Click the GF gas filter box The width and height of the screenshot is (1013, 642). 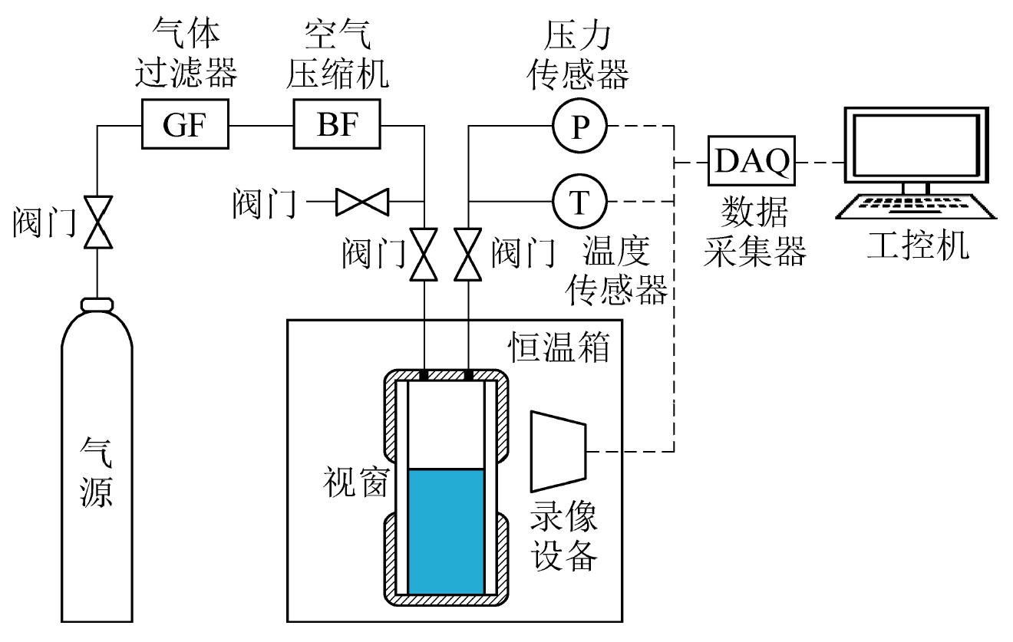186,124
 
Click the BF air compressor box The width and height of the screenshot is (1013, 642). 338,124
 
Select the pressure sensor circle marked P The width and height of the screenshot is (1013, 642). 579,125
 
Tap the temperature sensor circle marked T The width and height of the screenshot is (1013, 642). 579,202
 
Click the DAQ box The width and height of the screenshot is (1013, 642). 752,162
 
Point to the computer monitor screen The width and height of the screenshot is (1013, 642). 913,147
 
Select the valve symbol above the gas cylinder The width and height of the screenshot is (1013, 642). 97,222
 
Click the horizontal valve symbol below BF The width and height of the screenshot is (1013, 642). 362,202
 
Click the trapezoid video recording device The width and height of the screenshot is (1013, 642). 559,451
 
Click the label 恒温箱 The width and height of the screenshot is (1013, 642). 560,347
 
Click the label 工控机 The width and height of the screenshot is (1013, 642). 917,246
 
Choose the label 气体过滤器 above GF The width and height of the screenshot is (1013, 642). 186,54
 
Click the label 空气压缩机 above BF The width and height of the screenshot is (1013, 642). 338,54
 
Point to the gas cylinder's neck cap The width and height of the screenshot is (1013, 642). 97,305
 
